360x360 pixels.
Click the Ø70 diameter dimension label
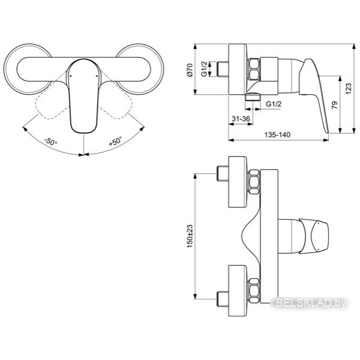[x=190, y=70]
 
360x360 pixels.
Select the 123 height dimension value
[x=348, y=88]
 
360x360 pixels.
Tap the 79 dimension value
[x=335, y=104]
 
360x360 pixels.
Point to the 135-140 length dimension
[x=277, y=134]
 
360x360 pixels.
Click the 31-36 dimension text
[x=241, y=119]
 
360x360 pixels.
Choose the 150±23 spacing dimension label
[x=190, y=236]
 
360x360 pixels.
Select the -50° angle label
[x=50, y=142]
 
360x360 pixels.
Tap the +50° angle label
[x=115, y=141]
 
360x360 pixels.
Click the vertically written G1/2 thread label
[x=204, y=69]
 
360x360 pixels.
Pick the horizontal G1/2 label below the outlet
[x=274, y=104]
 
